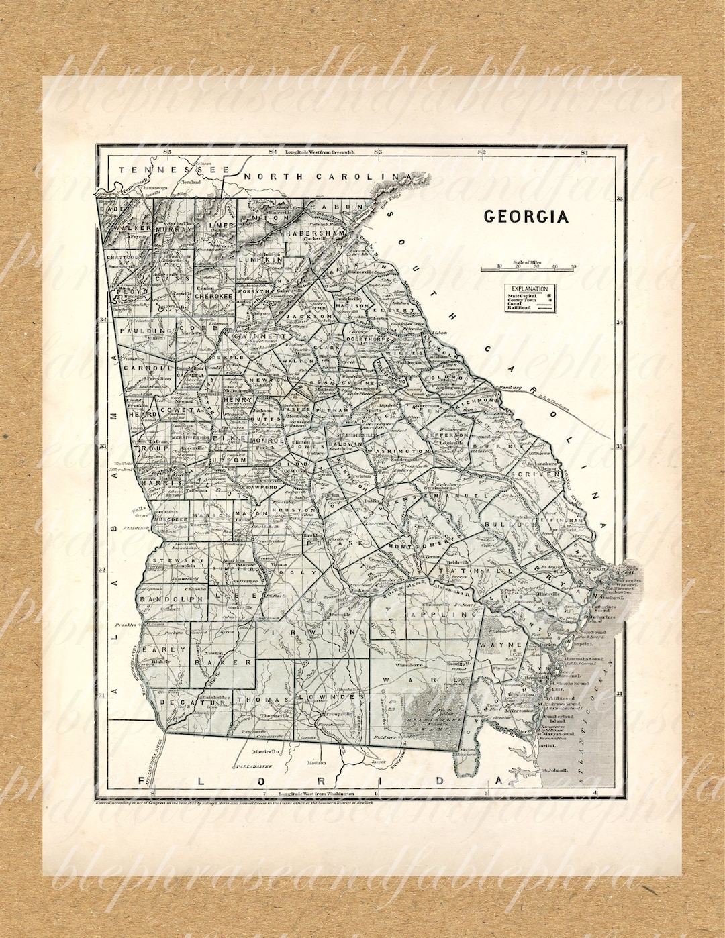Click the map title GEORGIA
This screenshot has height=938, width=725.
526,217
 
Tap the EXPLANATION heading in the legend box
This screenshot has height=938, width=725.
530,289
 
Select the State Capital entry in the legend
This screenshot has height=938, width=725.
524,295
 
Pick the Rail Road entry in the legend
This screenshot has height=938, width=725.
520,307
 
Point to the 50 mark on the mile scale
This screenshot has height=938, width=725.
573,266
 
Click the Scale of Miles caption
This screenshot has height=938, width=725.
528,262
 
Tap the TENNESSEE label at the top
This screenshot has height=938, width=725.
174,170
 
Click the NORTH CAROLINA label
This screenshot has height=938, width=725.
327,176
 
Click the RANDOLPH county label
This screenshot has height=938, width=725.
171,598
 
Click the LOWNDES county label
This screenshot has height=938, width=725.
334,698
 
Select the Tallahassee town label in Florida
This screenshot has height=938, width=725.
252,766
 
